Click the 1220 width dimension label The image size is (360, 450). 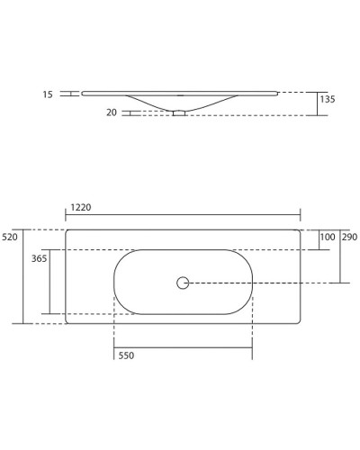click(x=80, y=207)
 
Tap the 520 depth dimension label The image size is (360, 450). click(x=11, y=237)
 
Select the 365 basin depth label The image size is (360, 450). click(x=39, y=258)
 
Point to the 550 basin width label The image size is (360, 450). click(x=126, y=356)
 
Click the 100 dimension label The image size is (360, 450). click(x=327, y=237)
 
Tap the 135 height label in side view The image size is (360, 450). click(x=327, y=100)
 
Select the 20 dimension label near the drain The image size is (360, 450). click(x=112, y=112)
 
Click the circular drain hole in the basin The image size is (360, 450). click(x=183, y=283)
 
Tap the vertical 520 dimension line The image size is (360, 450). click(x=24, y=275)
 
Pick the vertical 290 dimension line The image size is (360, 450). click(x=340, y=256)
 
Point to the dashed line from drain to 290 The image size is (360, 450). click(x=261, y=283)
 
